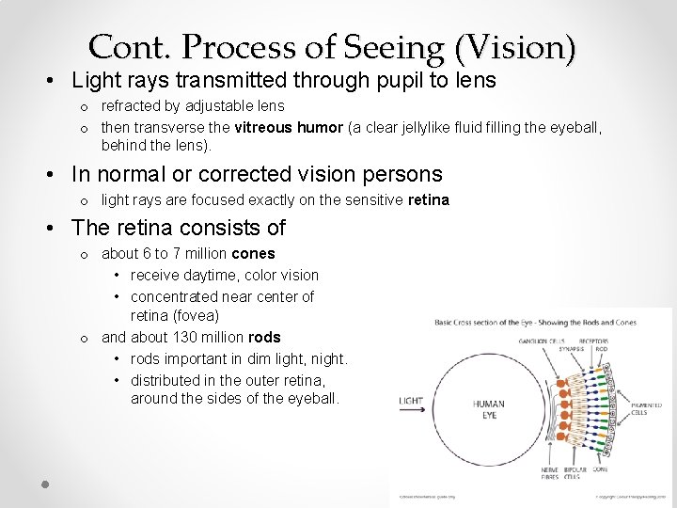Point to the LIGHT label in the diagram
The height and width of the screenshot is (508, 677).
[411, 400]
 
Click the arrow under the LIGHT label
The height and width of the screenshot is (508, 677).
[412, 409]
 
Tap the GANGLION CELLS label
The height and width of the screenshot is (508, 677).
[541, 341]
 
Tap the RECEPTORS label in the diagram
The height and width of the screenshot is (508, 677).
[595, 341]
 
